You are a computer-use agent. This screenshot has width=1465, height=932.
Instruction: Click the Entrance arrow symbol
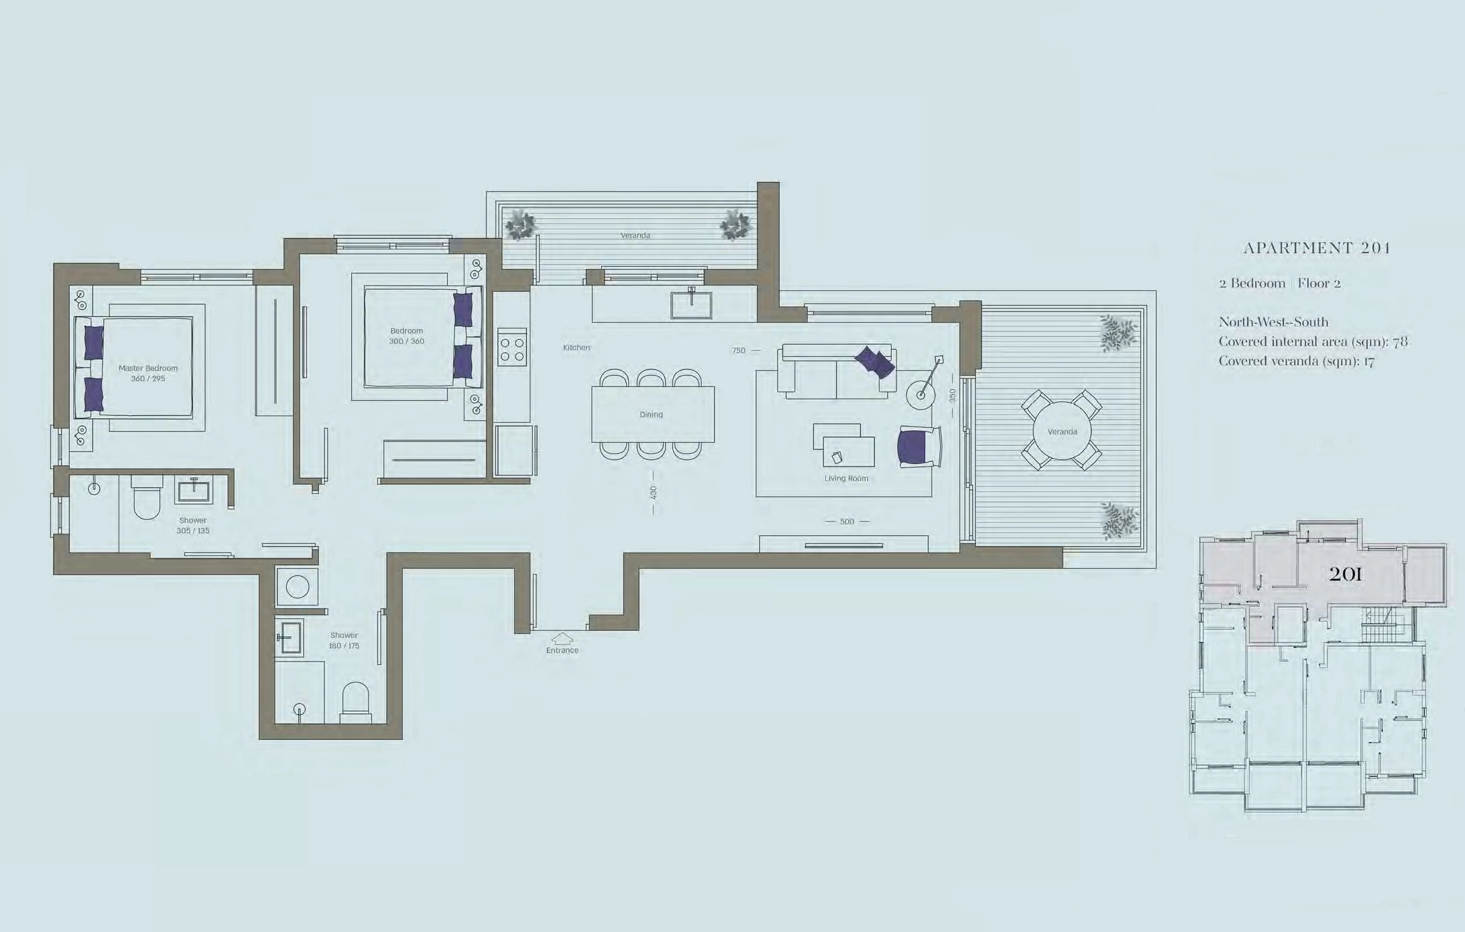562,638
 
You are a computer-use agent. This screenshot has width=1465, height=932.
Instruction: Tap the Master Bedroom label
148,368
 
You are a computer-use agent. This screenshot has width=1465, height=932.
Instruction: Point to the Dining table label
651,414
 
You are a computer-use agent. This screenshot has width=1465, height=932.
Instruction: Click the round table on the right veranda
1062,431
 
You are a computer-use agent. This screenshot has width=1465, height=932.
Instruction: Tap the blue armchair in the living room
918,446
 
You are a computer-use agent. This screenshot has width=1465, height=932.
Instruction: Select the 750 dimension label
739,351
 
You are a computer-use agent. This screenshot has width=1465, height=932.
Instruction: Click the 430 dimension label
653,492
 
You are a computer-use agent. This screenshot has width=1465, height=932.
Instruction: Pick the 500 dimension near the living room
847,521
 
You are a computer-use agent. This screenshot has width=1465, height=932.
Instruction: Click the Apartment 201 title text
1316,248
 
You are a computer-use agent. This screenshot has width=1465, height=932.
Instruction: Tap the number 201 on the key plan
1345,574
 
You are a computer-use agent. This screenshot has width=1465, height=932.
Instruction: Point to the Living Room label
846,478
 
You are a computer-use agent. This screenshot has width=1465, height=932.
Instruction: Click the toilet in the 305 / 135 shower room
146,496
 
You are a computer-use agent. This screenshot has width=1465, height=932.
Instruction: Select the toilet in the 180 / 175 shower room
356,702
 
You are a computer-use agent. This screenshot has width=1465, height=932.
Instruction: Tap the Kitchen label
576,348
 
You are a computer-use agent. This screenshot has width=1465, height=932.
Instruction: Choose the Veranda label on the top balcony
635,235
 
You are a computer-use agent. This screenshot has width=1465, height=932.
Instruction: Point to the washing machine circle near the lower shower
297,587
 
